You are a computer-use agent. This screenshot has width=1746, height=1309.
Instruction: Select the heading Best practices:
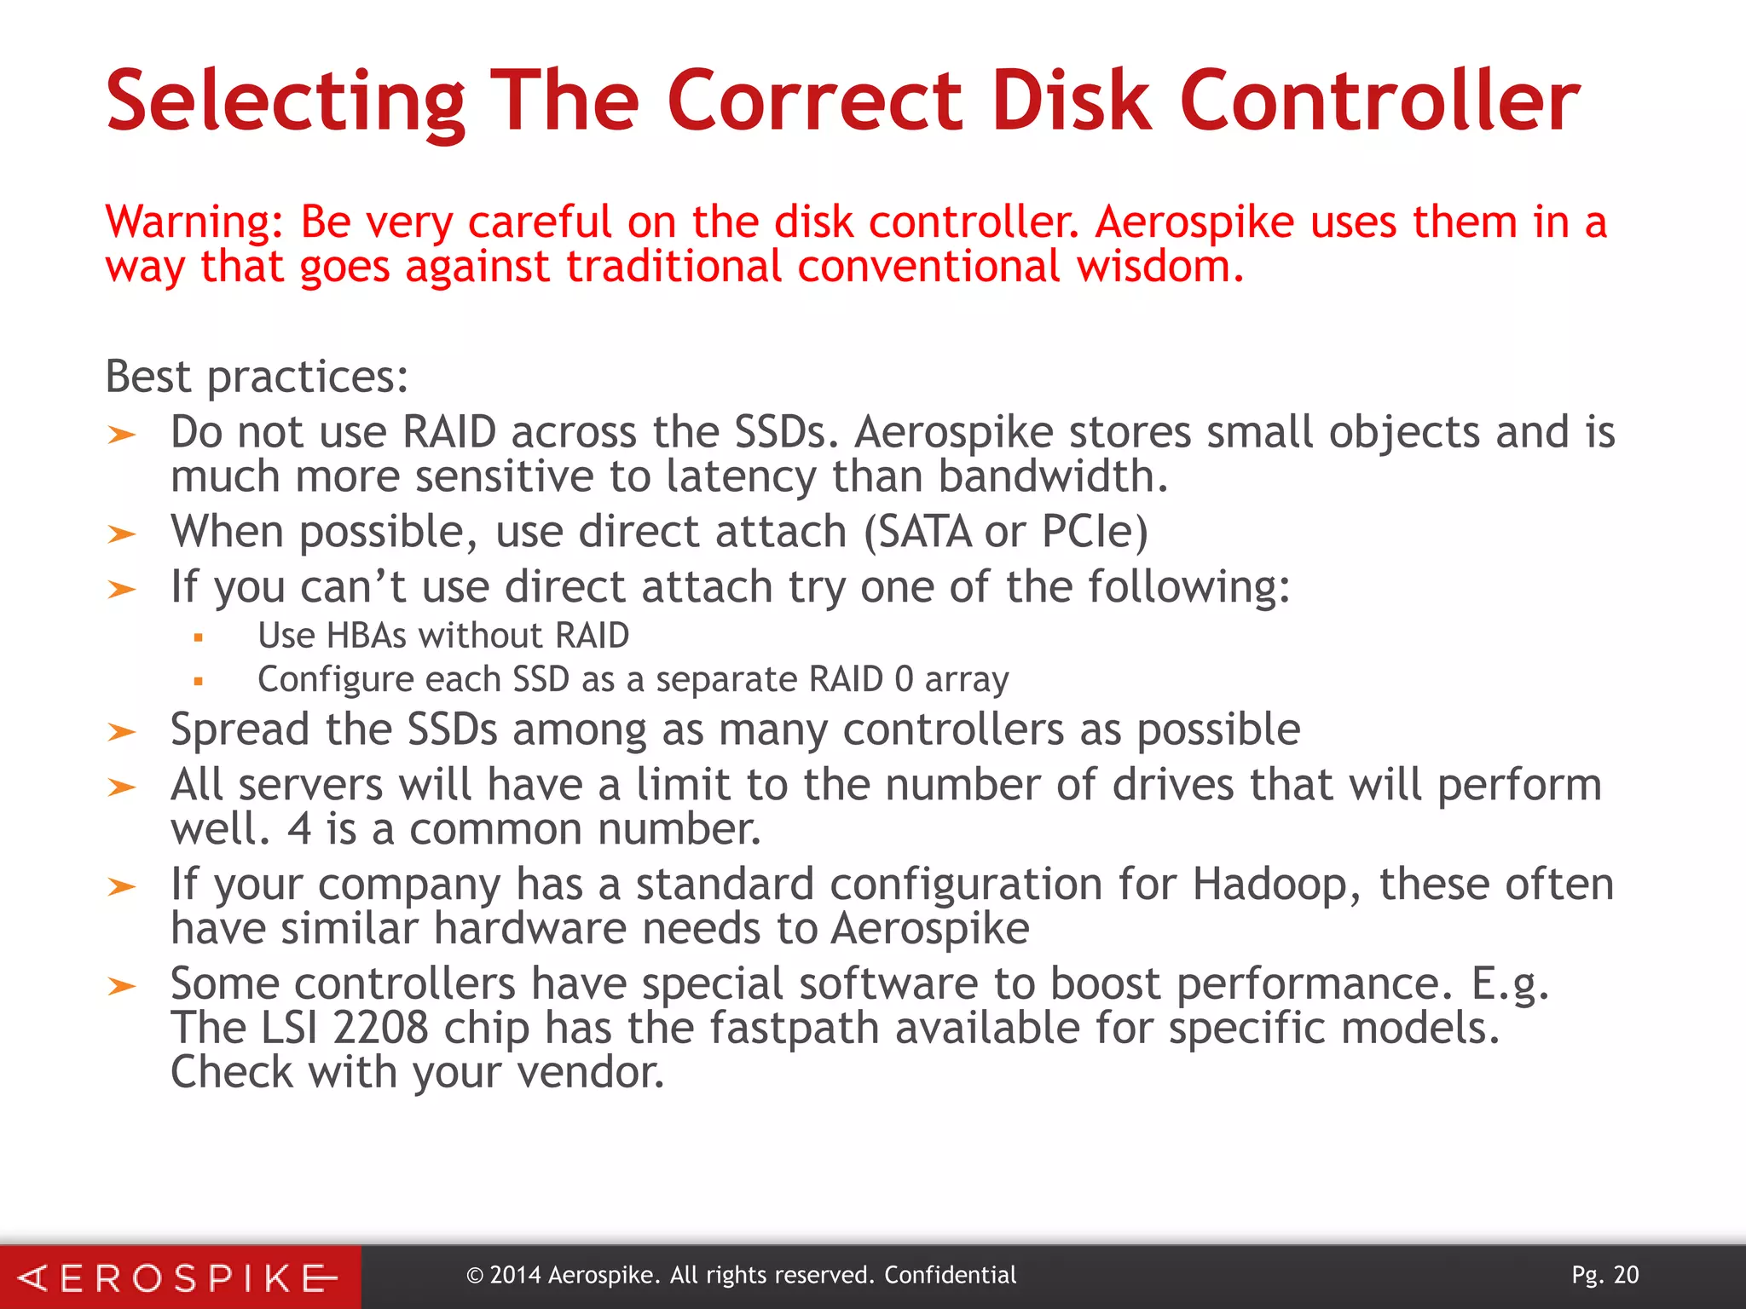tap(257, 376)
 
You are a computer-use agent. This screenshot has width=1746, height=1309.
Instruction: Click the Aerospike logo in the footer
tap(179, 1277)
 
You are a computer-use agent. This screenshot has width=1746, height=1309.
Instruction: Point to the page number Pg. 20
tap(1604, 1275)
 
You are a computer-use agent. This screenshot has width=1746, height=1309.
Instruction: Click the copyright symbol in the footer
tap(475, 1276)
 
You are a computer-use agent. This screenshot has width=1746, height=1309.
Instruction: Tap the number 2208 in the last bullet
tap(380, 1027)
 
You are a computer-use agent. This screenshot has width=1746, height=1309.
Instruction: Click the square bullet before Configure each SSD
tap(198, 681)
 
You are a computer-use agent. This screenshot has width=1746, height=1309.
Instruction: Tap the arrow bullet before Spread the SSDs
tap(122, 731)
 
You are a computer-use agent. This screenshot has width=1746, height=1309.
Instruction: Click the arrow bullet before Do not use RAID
tap(122, 435)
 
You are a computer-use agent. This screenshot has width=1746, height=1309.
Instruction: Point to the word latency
tap(741, 476)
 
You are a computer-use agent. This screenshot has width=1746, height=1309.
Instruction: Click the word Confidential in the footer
tap(950, 1275)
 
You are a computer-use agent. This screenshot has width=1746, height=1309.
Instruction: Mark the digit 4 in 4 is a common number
tap(299, 828)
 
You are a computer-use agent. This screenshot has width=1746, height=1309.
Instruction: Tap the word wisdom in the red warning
tap(1154, 267)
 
